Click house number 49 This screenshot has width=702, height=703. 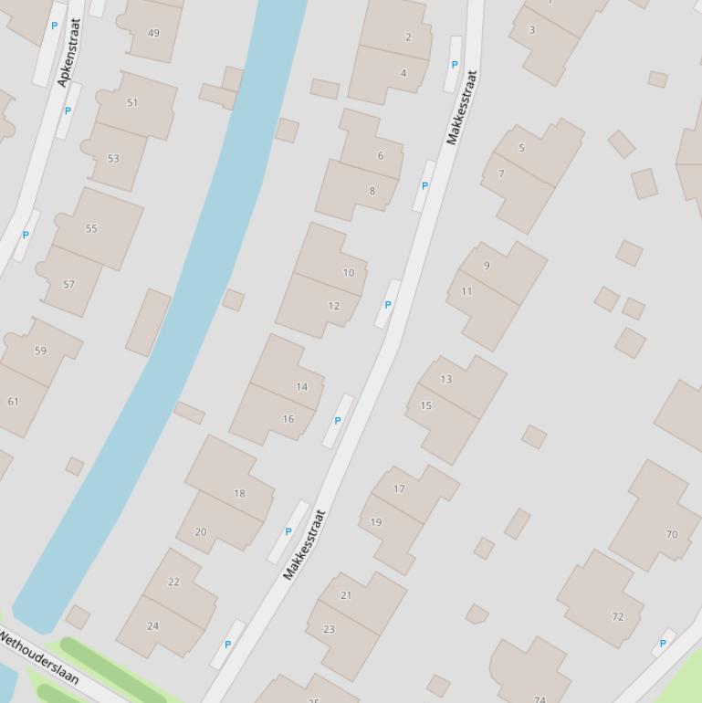pos(152,33)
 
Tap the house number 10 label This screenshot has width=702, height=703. pos(348,272)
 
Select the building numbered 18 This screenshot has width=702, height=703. pos(239,493)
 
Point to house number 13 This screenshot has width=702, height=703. pos(445,379)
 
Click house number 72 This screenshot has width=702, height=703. pos(618,616)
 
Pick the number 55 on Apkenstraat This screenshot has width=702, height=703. pos(91,228)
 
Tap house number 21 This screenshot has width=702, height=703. pos(345,594)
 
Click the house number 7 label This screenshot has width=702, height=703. pos(501,173)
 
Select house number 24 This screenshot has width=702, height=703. pos(152,625)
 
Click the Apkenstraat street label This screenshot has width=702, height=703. pos(68,53)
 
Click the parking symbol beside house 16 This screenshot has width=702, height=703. pos(338,421)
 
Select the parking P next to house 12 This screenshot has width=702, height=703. pos(388,305)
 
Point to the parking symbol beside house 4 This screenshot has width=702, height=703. pos(455,65)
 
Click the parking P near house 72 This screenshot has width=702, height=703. pos(663,643)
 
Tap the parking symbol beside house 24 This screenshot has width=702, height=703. pos(227,644)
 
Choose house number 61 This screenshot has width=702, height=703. pos(13,401)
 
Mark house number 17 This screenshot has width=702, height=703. pos(399,488)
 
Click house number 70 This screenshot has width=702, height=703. pos(672,534)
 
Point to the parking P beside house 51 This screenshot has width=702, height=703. pos(68,111)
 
